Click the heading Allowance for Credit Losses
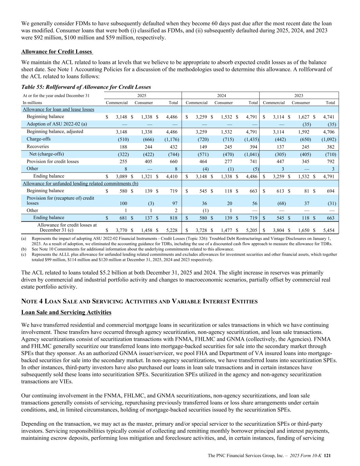(57, 52)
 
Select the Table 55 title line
(86, 87)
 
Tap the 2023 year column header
(299, 96)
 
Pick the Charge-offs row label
(38, 139)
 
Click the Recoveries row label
(38, 147)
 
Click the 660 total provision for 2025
(174, 161)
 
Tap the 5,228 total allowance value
(171, 230)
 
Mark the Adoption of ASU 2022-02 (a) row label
(57, 124)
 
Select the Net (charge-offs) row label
(46, 154)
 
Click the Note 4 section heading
(139, 301)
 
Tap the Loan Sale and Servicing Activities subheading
(66, 312)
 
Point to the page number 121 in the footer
(327, 455)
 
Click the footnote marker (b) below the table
(24, 249)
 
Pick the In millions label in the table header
(32, 102)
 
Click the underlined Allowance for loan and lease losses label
(58, 110)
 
